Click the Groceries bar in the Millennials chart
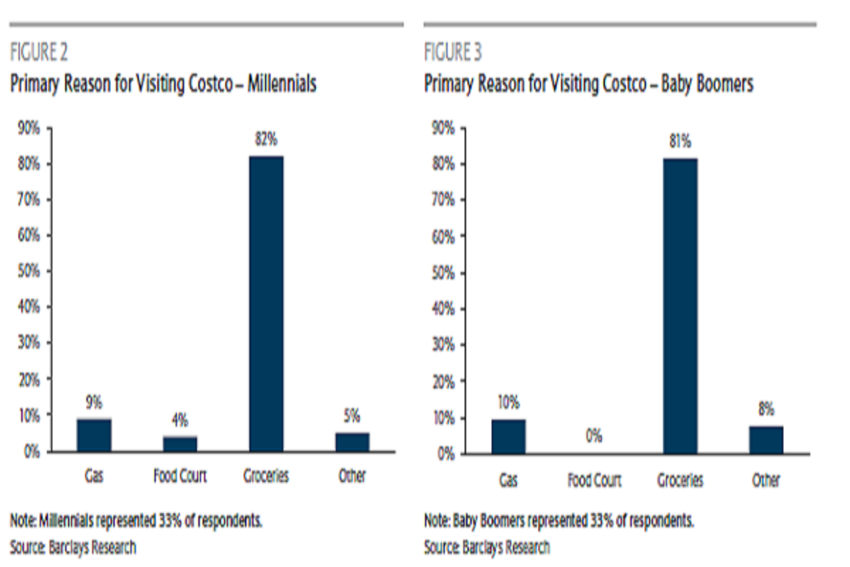[x=266, y=303]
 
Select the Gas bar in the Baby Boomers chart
[x=508, y=436]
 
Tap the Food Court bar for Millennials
[x=180, y=444]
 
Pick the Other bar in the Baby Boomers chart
[x=766, y=439]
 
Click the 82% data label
[x=266, y=140]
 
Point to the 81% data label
[x=680, y=142]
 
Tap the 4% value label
[x=180, y=421]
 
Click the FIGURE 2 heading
[x=39, y=52]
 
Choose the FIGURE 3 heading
[x=453, y=52]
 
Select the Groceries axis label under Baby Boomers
[x=680, y=481]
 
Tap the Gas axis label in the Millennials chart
[x=94, y=476]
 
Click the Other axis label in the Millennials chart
[x=352, y=476]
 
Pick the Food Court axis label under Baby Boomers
[x=594, y=481]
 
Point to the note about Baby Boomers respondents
[x=559, y=521]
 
